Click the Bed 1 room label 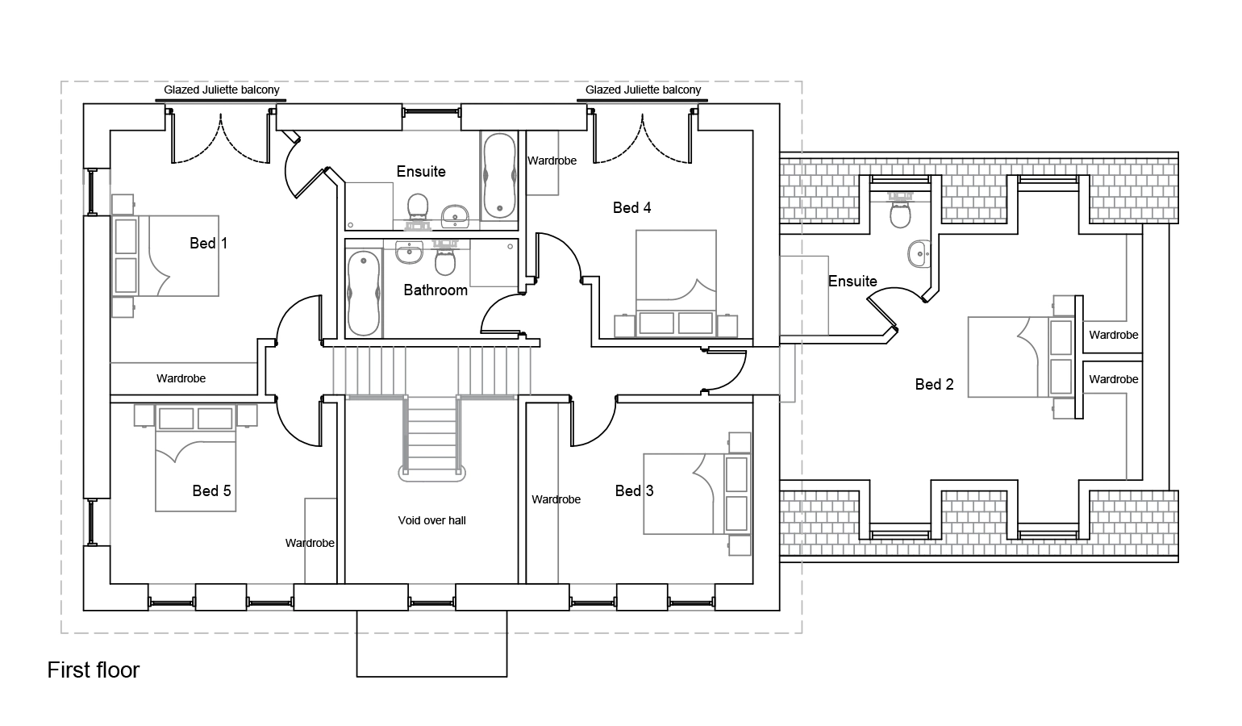(x=208, y=243)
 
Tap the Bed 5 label (x=211, y=490)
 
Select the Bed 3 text (x=634, y=490)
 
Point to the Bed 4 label (x=631, y=207)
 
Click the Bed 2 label (x=934, y=384)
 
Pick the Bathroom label (x=436, y=290)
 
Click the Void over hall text (x=431, y=520)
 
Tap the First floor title (x=94, y=670)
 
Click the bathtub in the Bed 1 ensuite (x=499, y=175)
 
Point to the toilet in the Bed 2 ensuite (x=900, y=212)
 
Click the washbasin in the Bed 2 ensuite (x=919, y=254)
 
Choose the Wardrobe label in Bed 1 (x=181, y=378)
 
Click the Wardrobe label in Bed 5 (x=310, y=543)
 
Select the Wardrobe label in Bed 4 (x=552, y=161)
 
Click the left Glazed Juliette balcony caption (x=222, y=90)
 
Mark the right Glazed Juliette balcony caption (x=643, y=90)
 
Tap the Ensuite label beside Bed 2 (x=852, y=281)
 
